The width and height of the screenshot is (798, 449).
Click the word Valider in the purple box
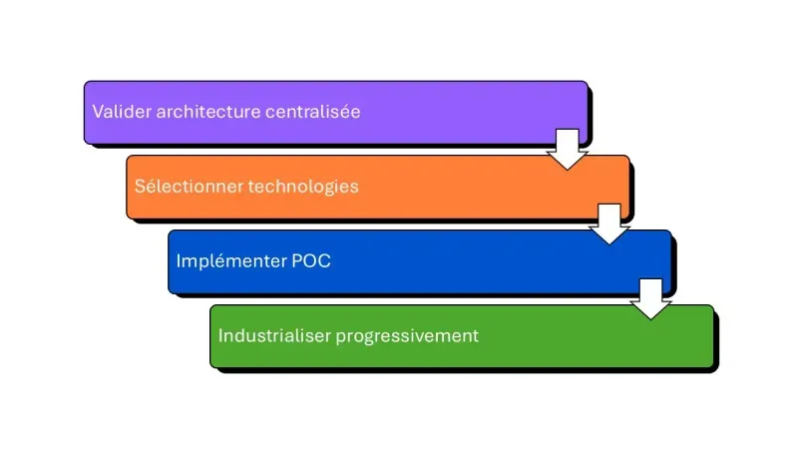coord(118,112)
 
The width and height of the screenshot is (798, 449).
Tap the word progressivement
coord(407,335)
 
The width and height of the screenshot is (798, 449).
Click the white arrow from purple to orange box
coord(568,149)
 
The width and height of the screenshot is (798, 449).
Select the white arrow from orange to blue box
coord(609,224)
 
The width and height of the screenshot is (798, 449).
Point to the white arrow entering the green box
coord(651,298)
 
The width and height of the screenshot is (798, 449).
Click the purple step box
coord(449,112)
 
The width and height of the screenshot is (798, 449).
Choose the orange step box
coord(479,187)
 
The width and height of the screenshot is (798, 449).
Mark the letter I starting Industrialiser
coord(220,335)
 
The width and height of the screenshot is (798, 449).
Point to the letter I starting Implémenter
coord(179,261)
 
